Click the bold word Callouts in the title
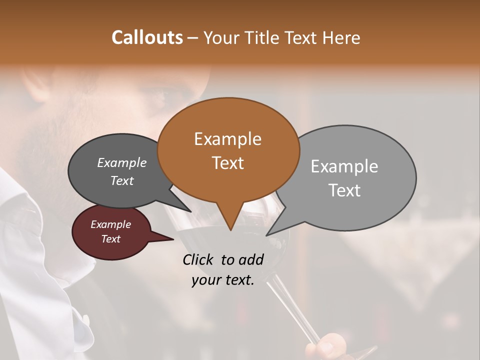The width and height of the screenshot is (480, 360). click(147, 37)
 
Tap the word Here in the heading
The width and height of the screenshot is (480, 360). click(341, 37)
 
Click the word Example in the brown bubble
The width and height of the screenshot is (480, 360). click(227, 139)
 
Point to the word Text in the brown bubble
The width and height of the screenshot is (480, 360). click(227, 162)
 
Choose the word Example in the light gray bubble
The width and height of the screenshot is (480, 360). click(344, 166)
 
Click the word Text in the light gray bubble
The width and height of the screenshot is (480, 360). click(344, 190)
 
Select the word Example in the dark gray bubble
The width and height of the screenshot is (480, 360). click(121, 162)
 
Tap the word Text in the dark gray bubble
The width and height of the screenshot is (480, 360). click(121, 180)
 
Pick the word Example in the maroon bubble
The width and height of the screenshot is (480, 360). click(110, 224)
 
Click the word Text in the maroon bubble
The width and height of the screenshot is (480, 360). click(110, 239)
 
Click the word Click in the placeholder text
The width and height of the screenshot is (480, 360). click(198, 259)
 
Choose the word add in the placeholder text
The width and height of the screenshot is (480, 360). click(250, 259)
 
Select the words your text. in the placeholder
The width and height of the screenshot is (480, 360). click(222, 280)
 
